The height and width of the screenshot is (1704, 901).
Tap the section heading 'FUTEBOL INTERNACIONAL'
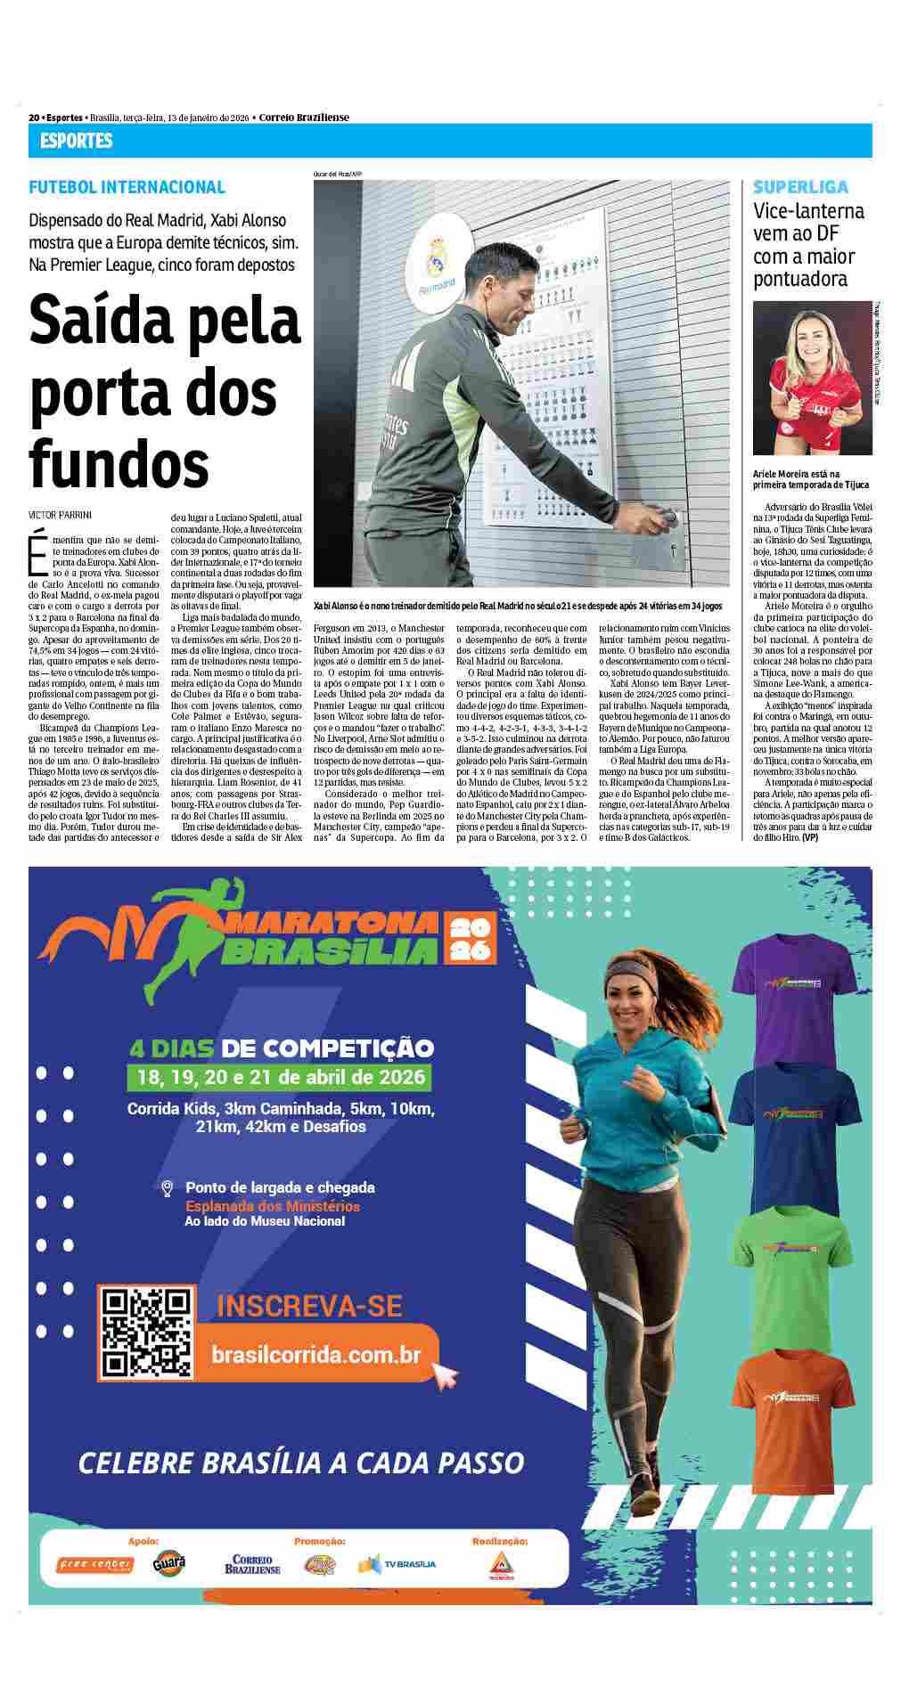click(127, 187)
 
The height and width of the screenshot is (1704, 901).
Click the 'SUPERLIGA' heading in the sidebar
click(800, 187)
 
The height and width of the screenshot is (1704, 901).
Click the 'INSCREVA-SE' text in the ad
click(309, 1306)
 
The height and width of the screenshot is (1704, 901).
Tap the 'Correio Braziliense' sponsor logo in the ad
click(252, 1564)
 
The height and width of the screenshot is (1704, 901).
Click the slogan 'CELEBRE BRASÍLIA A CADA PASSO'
click(301, 1462)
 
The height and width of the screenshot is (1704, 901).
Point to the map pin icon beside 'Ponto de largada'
click(167, 1188)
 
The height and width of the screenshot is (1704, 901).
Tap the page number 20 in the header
click(34, 118)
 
